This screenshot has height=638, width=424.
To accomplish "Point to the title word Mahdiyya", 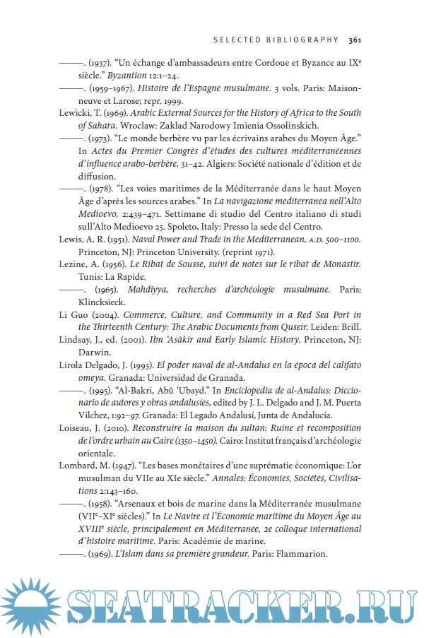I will point(148,289).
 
